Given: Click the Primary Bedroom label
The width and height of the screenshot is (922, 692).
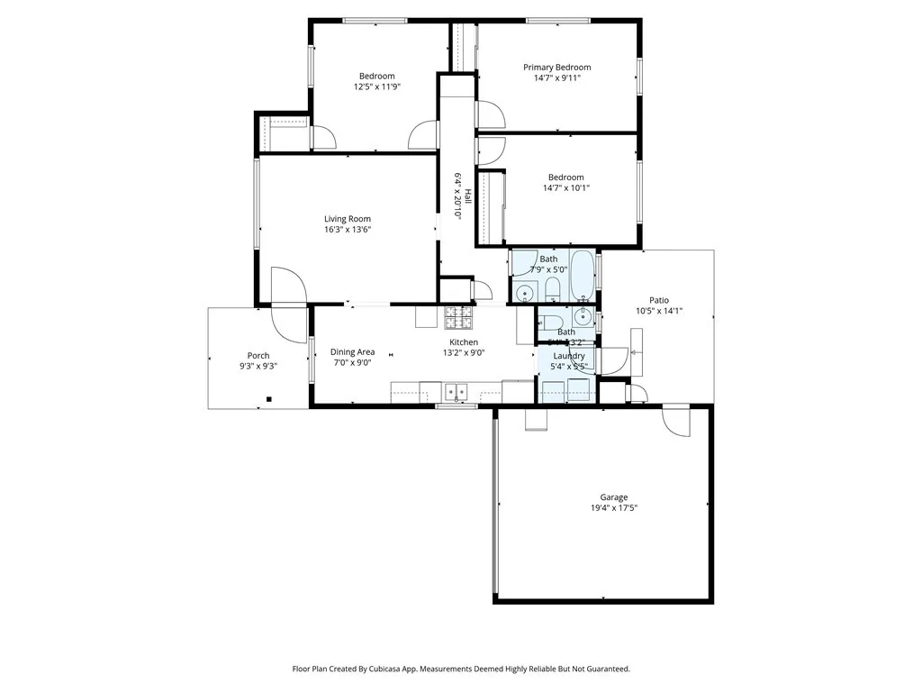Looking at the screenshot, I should (557, 68).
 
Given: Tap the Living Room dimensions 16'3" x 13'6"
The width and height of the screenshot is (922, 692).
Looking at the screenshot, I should (348, 230).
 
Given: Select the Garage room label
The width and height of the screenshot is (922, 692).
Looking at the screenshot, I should (614, 497).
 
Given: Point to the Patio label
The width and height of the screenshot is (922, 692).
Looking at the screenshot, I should (659, 301).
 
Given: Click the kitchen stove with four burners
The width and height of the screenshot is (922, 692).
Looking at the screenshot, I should (458, 318).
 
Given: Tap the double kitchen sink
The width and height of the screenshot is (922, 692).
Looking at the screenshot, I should (456, 391).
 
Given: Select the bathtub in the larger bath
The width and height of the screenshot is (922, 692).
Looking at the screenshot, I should (583, 274).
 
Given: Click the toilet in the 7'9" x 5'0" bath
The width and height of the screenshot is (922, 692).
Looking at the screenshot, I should (553, 290).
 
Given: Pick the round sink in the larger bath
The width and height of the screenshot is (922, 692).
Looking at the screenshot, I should (525, 293).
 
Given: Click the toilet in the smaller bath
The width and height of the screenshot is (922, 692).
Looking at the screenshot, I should (552, 321).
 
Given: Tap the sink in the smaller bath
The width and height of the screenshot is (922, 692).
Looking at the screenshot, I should (583, 316).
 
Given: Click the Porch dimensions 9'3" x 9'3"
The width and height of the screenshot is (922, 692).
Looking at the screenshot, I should (258, 367).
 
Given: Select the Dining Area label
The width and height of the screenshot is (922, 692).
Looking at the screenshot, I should (352, 352).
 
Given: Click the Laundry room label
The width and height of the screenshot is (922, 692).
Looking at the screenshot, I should (568, 356).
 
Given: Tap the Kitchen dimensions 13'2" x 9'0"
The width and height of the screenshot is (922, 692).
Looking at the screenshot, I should (464, 353).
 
